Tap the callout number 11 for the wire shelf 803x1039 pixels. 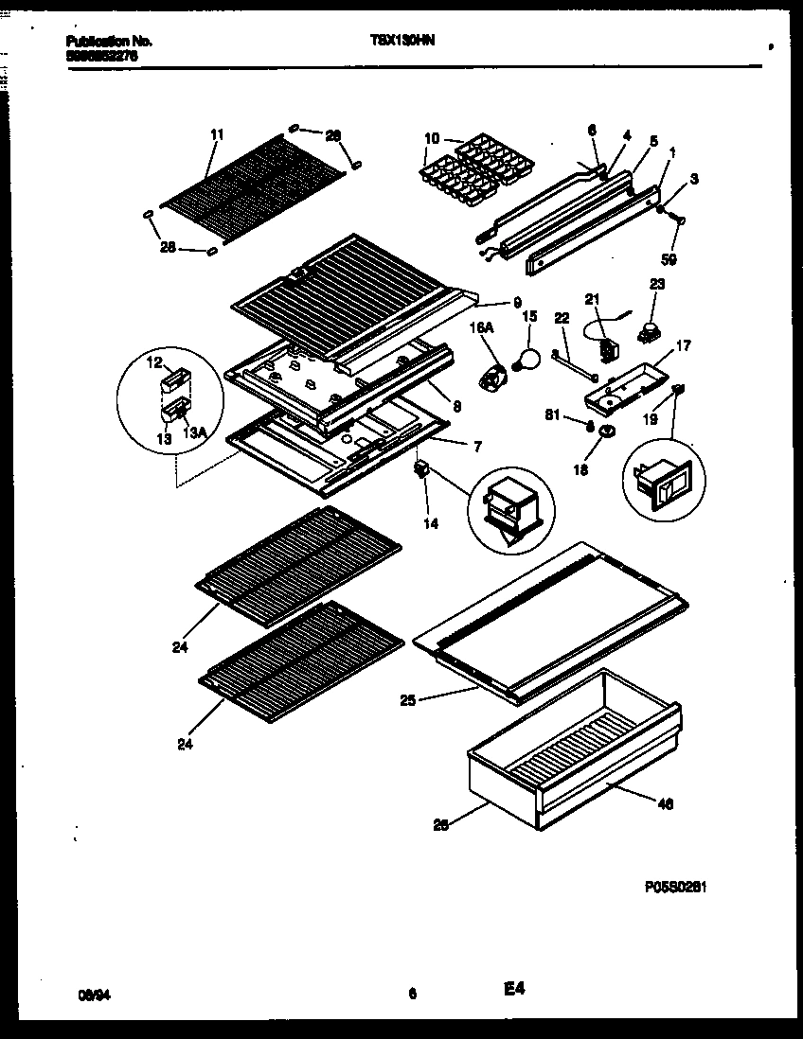(x=216, y=135)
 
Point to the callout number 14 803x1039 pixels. (x=431, y=523)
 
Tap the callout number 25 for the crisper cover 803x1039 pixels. (x=407, y=701)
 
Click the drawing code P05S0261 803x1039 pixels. (x=676, y=887)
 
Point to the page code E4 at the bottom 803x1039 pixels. (x=514, y=989)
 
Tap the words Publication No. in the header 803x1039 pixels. (x=110, y=41)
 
